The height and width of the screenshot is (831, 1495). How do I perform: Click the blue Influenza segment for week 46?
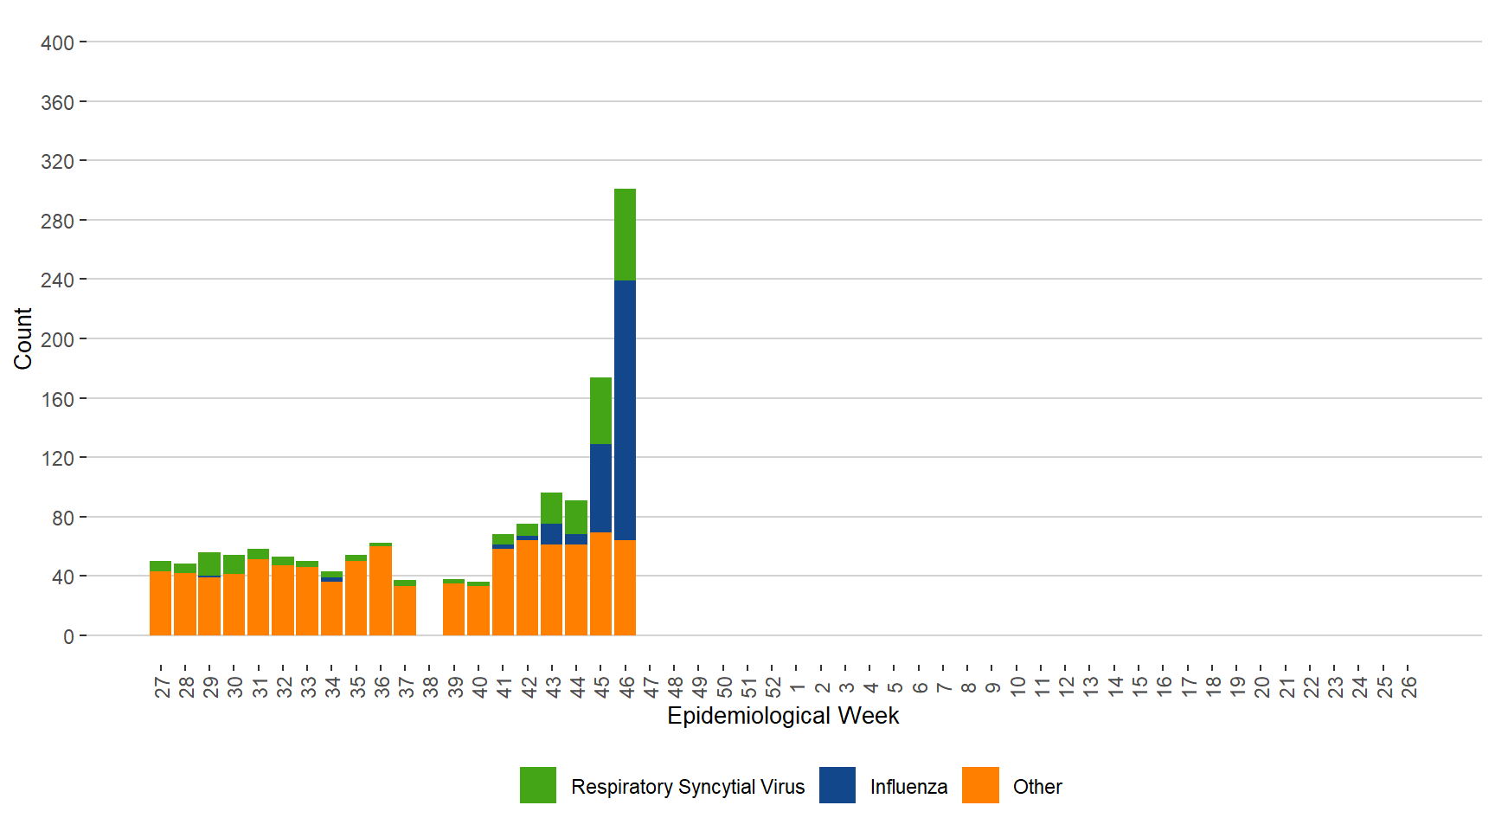tap(625, 409)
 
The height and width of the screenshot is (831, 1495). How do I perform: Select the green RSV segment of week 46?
tap(625, 234)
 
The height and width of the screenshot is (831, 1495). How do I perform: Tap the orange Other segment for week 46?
tap(625, 588)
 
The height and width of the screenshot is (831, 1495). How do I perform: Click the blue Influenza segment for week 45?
tap(600, 488)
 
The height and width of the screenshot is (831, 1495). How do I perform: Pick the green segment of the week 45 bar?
tap(600, 410)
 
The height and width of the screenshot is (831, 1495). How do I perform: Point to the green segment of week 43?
tap(551, 508)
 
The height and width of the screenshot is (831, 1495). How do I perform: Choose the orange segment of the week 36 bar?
tap(381, 590)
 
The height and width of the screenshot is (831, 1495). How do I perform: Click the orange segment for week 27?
tap(160, 603)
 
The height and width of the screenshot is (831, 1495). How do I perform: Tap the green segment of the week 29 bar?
tap(209, 564)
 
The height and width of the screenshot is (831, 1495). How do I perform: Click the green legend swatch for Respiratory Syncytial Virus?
tap(537, 785)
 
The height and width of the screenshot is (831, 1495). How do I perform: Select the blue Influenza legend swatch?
tap(837, 785)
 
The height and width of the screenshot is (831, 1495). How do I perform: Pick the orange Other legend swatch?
tap(980, 785)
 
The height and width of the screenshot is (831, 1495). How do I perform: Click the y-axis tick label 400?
tap(57, 42)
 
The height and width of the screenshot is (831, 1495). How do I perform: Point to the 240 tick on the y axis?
tap(57, 280)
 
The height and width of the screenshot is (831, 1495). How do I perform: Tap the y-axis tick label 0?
tap(68, 637)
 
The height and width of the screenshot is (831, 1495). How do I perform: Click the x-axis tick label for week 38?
tap(431, 686)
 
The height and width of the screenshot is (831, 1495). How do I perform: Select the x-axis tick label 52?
tap(773, 686)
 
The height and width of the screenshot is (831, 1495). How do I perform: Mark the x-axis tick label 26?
tap(1409, 686)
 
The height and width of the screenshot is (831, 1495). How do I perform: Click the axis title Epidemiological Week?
tap(783, 716)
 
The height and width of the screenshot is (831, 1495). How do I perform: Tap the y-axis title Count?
tap(22, 338)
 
